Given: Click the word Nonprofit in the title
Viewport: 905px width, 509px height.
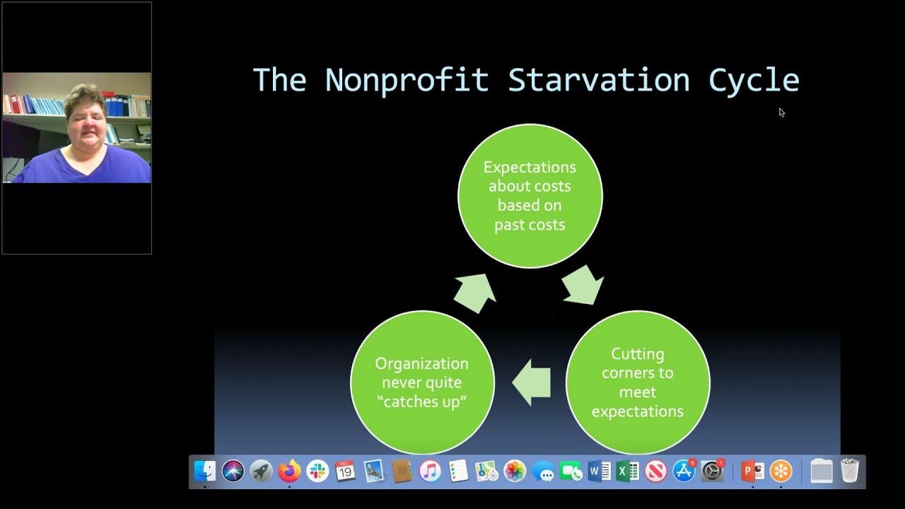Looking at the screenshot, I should pos(407,80).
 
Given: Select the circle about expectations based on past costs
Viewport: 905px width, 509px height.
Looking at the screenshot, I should pos(530,196).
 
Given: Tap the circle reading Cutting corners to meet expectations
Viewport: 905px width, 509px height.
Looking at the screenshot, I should pos(637,382).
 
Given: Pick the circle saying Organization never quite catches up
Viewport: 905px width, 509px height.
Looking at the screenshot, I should pos(422,382).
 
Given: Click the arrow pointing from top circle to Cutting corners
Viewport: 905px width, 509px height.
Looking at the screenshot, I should pos(583,286).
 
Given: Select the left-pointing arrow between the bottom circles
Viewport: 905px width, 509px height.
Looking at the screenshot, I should pos(532,382).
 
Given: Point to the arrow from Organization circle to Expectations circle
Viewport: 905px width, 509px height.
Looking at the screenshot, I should pos(474,291).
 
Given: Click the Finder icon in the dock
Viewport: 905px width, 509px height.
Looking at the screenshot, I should pos(205,471).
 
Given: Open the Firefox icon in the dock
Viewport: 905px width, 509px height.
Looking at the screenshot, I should pos(289,471).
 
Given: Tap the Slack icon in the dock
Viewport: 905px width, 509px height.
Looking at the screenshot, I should pos(317,471).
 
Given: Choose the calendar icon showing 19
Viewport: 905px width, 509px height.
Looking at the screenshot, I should pos(346,471).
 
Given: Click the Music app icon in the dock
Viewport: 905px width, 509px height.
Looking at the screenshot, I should pos(430,471).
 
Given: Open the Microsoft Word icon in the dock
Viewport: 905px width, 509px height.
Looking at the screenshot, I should pos(599,471).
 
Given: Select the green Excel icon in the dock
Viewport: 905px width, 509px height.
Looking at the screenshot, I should pos(627,471).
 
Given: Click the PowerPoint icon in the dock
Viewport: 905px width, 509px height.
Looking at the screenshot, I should pos(752,471).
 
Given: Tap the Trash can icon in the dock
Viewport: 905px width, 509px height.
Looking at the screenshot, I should pos(850,471).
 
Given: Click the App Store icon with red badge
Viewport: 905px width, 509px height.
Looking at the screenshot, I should pos(684,471).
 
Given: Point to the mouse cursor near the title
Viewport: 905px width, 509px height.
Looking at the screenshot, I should pos(781,112).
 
